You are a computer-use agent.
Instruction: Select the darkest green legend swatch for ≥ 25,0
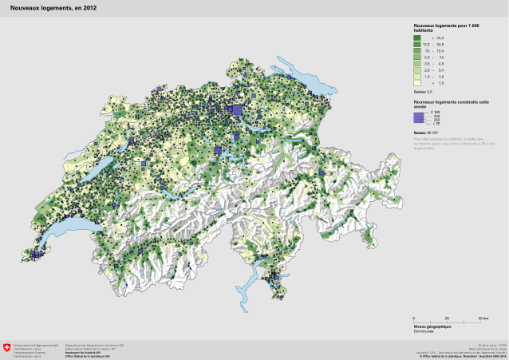[x=417, y=38]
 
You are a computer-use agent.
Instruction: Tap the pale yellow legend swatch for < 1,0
[x=417, y=82]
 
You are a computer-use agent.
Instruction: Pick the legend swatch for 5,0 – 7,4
[x=417, y=57]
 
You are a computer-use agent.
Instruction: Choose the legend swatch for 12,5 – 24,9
[x=417, y=44]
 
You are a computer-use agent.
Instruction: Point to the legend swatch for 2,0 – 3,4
[x=417, y=69]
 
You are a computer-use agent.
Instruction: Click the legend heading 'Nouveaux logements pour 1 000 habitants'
[x=444, y=28]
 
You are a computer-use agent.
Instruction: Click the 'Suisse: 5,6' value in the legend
[x=423, y=93]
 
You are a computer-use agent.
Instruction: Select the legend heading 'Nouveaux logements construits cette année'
[x=446, y=105]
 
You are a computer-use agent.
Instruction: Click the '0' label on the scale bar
[x=414, y=318]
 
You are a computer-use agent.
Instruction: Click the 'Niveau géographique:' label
[x=432, y=326]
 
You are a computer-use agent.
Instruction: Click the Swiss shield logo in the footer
[x=7, y=347]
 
